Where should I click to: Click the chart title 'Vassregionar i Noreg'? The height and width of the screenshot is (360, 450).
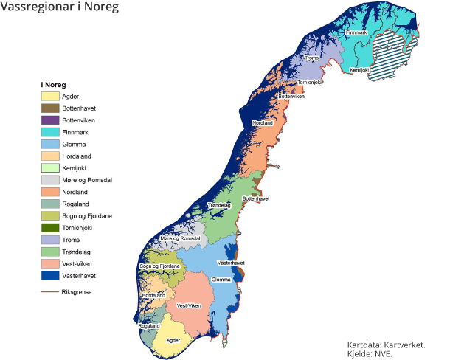60,7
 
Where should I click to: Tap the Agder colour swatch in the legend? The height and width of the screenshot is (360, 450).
50,96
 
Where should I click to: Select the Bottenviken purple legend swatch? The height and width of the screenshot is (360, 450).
50,120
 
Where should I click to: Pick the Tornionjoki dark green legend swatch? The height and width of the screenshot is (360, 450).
50,229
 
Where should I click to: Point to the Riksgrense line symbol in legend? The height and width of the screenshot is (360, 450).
50,292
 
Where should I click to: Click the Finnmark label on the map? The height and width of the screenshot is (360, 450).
356,32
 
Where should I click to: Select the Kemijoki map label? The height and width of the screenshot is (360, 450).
359,70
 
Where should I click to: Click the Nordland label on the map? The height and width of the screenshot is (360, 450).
263,122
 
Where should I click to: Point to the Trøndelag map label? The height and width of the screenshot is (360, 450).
221,204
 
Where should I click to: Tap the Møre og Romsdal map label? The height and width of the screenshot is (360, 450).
181,238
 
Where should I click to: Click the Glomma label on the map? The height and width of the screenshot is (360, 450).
221,280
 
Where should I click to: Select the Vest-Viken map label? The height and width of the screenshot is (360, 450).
189,305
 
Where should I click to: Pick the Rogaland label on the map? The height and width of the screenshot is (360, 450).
149,325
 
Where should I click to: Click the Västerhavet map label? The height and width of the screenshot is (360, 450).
231,263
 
